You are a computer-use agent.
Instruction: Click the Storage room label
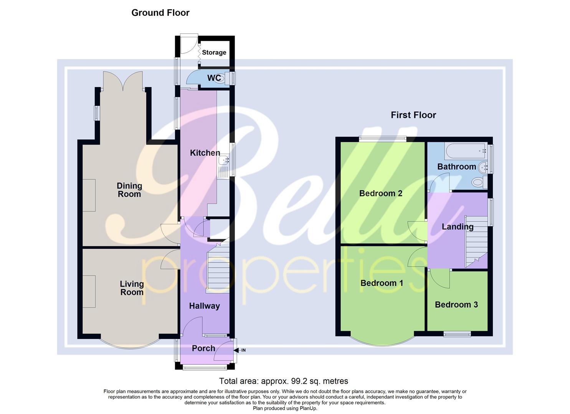[214, 53]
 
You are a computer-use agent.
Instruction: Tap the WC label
[214, 78]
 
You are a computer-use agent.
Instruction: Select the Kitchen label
[205, 153]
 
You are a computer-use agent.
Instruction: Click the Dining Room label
[129, 190]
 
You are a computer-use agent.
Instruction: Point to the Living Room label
[132, 288]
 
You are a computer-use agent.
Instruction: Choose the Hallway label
[204, 306]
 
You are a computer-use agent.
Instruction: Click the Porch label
[203, 348]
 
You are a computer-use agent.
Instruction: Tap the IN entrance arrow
[241, 350]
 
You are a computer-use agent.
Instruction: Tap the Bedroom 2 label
[380, 193]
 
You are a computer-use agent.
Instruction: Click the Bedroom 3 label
[456, 305]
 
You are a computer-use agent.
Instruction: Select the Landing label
[457, 227]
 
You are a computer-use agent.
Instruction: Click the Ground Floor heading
[160, 13]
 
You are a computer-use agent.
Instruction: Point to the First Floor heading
[413, 115]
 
